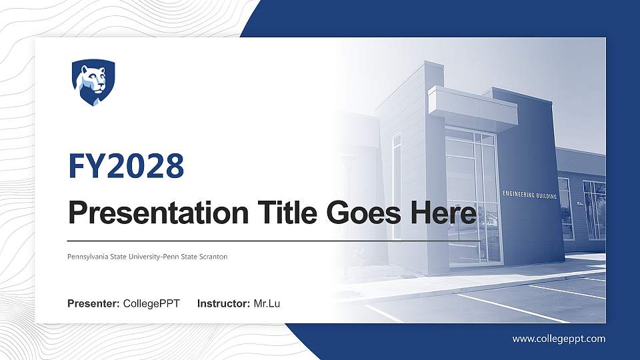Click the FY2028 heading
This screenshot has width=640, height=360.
click(x=127, y=166)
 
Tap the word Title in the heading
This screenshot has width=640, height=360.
click(x=275, y=213)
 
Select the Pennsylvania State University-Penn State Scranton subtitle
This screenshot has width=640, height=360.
click(x=147, y=257)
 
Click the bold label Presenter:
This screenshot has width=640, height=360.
click(x=93, y=304)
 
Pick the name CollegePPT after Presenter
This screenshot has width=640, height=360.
click(x=151, y=304)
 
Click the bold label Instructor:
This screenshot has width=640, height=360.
click(x=224, y=304)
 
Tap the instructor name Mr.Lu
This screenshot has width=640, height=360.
click(x=267, y=304)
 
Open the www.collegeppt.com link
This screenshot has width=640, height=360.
click(x=559, y=339)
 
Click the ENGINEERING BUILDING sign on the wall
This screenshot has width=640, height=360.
click(x=529, y=195)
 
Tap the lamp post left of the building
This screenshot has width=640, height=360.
click(x=348, y=193)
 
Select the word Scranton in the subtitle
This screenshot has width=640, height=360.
click(x=213, y=257)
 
